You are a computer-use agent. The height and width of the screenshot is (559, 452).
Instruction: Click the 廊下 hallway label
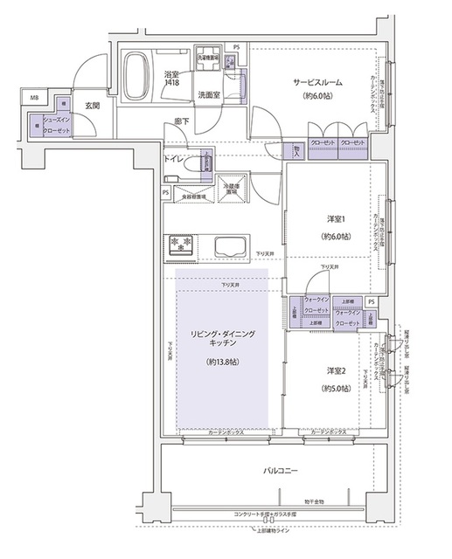[x=181, y=122]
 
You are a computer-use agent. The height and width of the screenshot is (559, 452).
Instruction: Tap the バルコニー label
[x=282, y=471]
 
